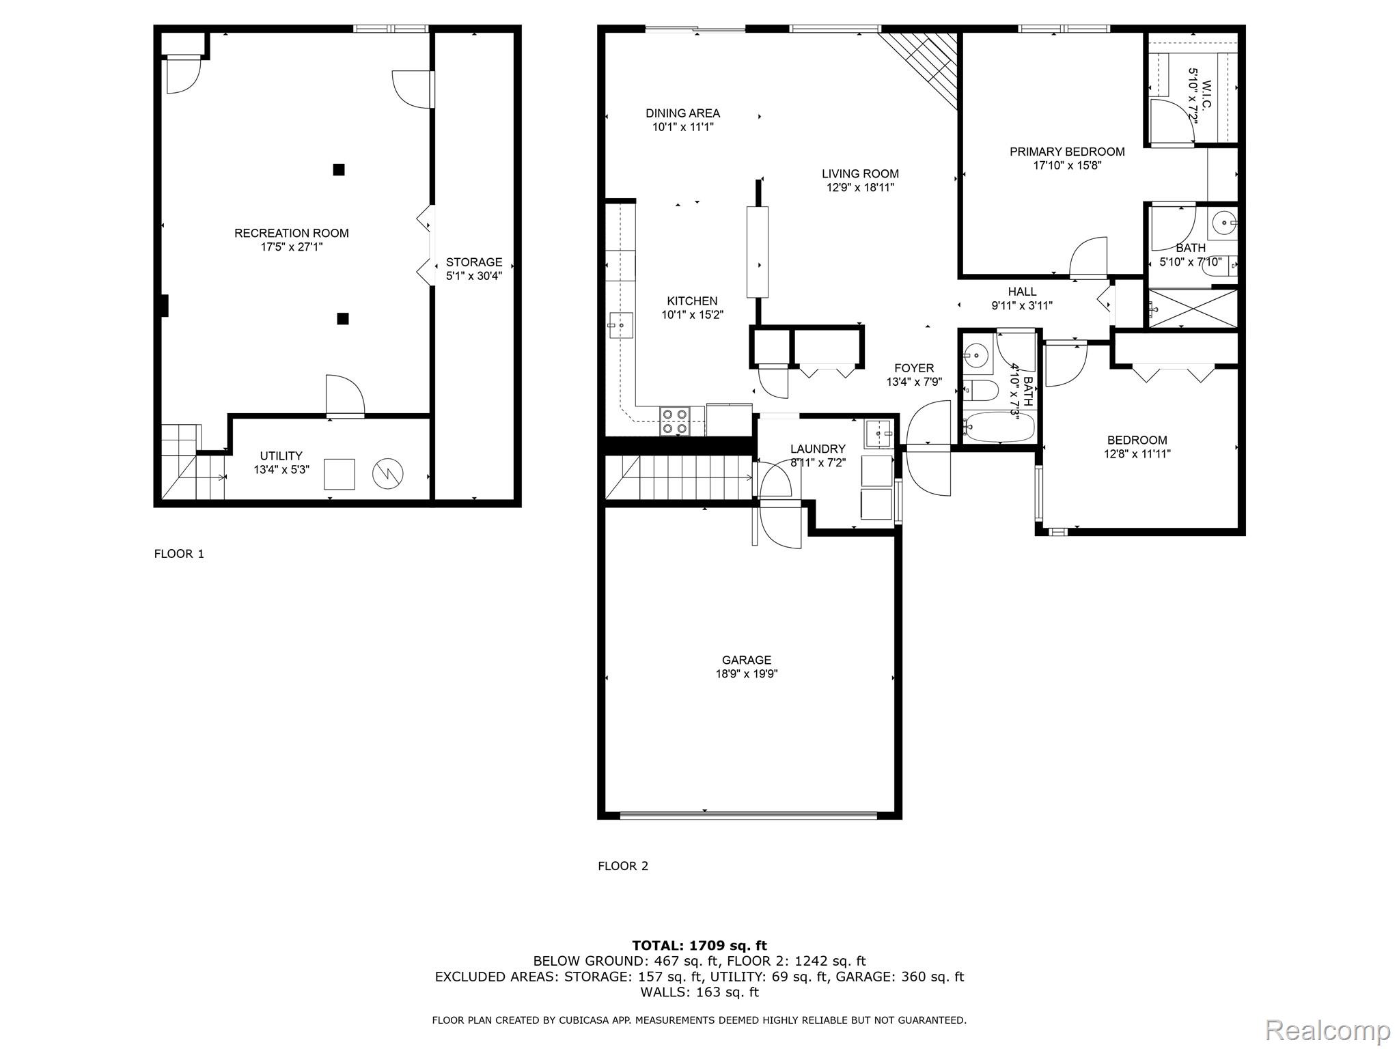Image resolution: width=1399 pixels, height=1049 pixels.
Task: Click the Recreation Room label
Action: coord(291,233)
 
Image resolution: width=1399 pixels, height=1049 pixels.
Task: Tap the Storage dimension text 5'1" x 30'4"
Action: coord(473,276)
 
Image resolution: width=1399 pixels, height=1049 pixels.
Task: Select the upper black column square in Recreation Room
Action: coord(338,169)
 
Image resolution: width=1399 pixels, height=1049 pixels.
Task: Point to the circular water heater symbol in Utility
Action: coord(387,473)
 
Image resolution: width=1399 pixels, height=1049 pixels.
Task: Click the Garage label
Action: coord(746,660)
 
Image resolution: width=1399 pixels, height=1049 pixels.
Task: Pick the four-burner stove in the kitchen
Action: coord(674,421)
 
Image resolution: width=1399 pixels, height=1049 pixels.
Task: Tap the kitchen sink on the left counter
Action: coord(620,326)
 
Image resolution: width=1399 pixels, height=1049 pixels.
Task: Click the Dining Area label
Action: coord(682,113)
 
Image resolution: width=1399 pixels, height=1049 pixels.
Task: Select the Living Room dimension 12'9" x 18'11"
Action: coord(859,188)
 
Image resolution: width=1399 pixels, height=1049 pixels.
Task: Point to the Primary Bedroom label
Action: coord(1067,152)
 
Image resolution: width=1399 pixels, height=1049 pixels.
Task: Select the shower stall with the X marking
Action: coord(1192,309)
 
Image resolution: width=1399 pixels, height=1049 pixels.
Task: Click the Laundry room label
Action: coord(818,449)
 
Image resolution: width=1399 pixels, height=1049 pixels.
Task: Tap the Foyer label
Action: coord(914,368)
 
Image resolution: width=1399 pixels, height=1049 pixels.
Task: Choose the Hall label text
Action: coord(1022,292)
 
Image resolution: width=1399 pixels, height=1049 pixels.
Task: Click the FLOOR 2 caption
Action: coord(622,866)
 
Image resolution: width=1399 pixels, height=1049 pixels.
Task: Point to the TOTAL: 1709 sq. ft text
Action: coord(699,945)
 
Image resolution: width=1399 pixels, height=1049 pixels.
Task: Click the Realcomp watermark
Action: coord(1327,1030)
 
